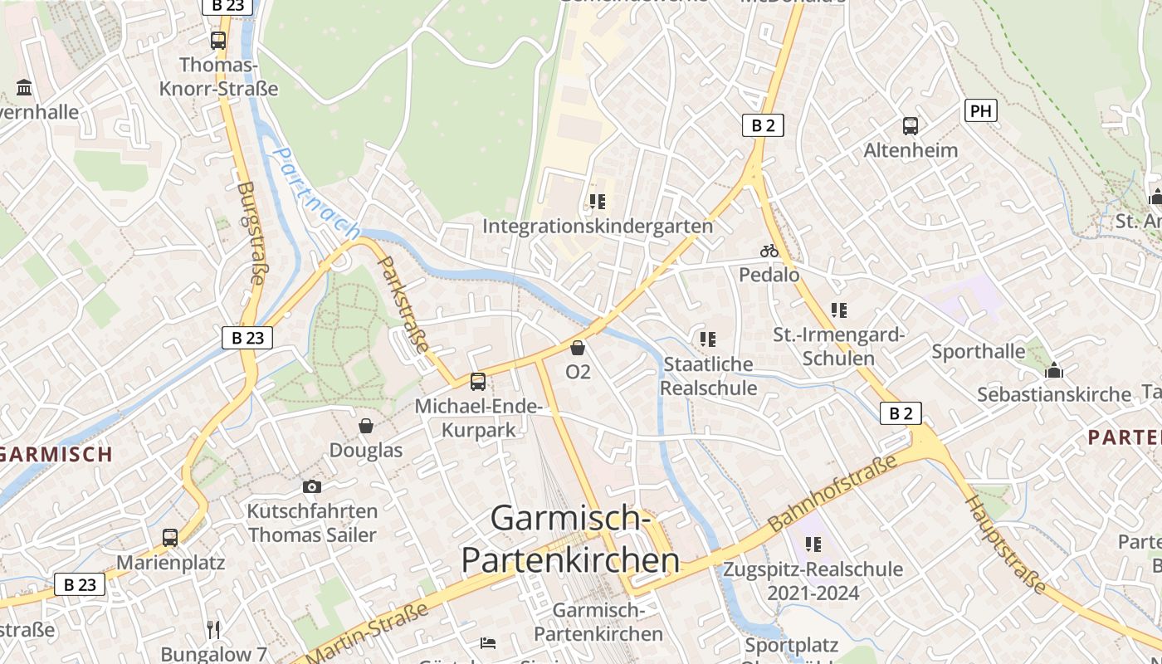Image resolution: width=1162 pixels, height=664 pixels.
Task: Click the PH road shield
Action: click(980, 110)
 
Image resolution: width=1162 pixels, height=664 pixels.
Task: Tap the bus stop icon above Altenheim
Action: click(911, 126)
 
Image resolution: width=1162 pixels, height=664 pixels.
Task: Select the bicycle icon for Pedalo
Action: click(769, 250)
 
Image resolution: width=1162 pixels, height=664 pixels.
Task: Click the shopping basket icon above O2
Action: click(578, 347)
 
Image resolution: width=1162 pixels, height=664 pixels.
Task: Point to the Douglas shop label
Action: click(366, 450)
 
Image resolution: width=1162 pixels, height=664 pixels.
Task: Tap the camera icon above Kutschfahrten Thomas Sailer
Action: click(312, 486)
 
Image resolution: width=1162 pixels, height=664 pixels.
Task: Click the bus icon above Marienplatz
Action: click(170, 538)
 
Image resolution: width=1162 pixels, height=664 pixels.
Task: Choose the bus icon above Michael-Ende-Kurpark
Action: click(478, 382)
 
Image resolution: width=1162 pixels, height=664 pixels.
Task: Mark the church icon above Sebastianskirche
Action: click(1054, 370)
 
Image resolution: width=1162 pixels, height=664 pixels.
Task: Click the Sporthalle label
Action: click(978, 351)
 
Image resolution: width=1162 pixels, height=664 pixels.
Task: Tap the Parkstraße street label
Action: click(404, 304)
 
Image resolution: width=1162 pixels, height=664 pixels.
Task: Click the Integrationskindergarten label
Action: click(598, 226)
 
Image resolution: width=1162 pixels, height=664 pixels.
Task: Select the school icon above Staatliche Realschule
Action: click(708, 339)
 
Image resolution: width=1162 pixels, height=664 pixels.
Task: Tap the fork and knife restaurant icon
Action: click(214, 629)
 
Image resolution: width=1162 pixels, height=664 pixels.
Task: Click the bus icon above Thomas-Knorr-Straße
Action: click(218, 40)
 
